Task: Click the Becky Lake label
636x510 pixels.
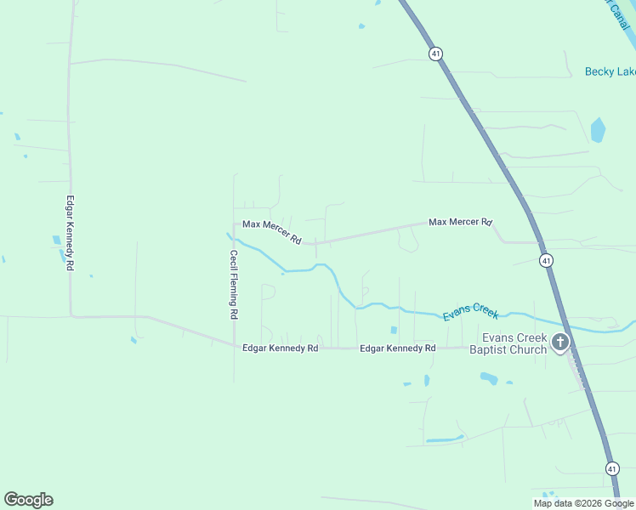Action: point(610,72)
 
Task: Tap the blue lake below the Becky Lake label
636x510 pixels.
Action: point(598,130)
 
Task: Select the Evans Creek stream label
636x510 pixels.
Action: point(470,313)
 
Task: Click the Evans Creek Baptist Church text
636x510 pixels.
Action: point(508,344)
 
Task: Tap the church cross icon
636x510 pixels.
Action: point(560,343)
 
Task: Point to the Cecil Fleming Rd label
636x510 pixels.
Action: point(233,284)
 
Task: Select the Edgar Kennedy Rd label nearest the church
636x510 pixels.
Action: point(398,348)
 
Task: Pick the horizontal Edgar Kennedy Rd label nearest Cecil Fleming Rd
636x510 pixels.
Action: point(281,348)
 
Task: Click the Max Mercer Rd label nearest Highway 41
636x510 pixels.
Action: point(460,222)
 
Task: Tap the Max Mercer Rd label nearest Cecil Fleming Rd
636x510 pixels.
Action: point(272,231)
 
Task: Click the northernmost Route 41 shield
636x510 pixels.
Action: point(436,54)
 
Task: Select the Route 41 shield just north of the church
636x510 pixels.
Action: point(546,260)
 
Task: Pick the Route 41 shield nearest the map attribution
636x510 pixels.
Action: point(612,468)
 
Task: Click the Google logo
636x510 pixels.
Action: point(28,500)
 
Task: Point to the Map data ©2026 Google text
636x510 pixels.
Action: point(582,503)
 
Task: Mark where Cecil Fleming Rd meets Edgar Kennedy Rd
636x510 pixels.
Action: point(234,346)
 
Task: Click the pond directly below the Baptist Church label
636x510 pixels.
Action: point(489,377)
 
